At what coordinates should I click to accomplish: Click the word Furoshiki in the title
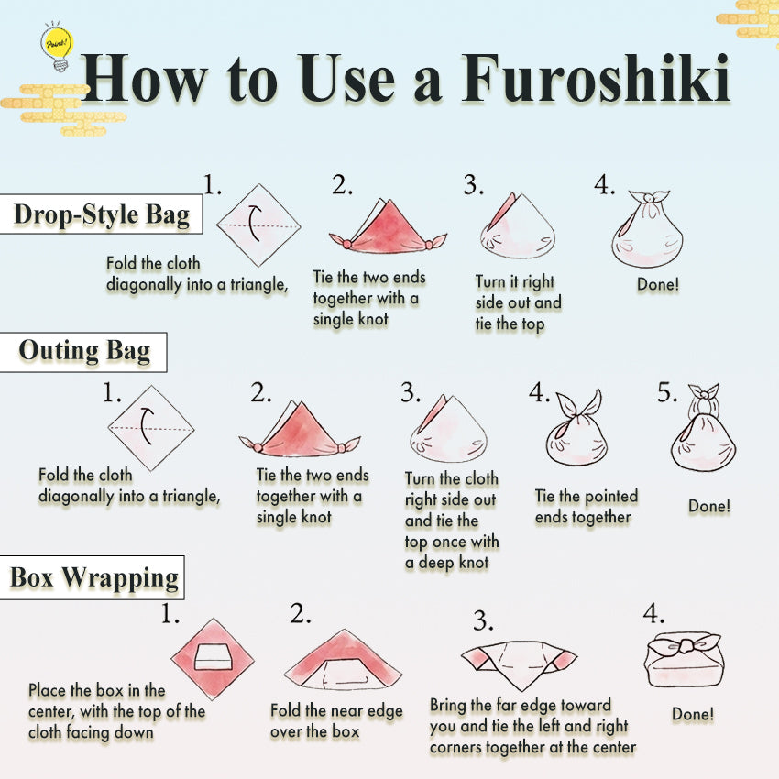[596, 80]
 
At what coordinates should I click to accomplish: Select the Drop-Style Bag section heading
[101, 215]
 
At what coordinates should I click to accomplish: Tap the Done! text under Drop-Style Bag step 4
[657, 285]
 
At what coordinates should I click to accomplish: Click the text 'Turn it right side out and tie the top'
[518, 302]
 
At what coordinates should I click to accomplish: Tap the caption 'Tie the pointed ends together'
[587, 507]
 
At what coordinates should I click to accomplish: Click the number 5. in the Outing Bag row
[667, 393]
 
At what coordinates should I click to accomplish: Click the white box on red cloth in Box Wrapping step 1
[213, 656]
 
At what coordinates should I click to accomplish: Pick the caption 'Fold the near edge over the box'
[336, 721]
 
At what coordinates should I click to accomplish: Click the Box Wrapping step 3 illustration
[520, 664]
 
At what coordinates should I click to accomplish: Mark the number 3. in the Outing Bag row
[410, 393]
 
